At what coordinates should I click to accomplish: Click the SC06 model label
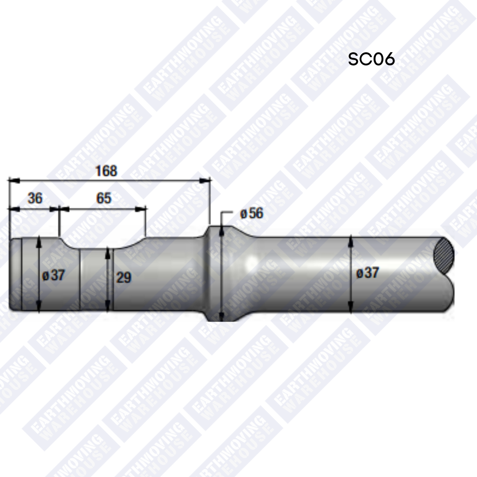[x=371, y=59]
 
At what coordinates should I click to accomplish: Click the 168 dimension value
[x=106, y=171]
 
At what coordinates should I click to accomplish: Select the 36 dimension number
[x=35, y=198]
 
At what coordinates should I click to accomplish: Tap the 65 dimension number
[x=104, y=198]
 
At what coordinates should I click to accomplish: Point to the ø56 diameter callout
[x=251, y=213]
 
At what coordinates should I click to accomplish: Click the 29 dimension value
[x=124, y=277]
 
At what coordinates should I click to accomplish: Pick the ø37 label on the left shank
[x=54, y=276]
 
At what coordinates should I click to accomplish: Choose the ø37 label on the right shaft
[x=367, y=273]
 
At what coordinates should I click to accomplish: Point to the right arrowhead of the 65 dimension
[x=141, y=209]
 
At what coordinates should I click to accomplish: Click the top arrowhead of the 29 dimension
[x=107, y=252]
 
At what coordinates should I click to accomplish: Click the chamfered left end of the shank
[x=15, y=274]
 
